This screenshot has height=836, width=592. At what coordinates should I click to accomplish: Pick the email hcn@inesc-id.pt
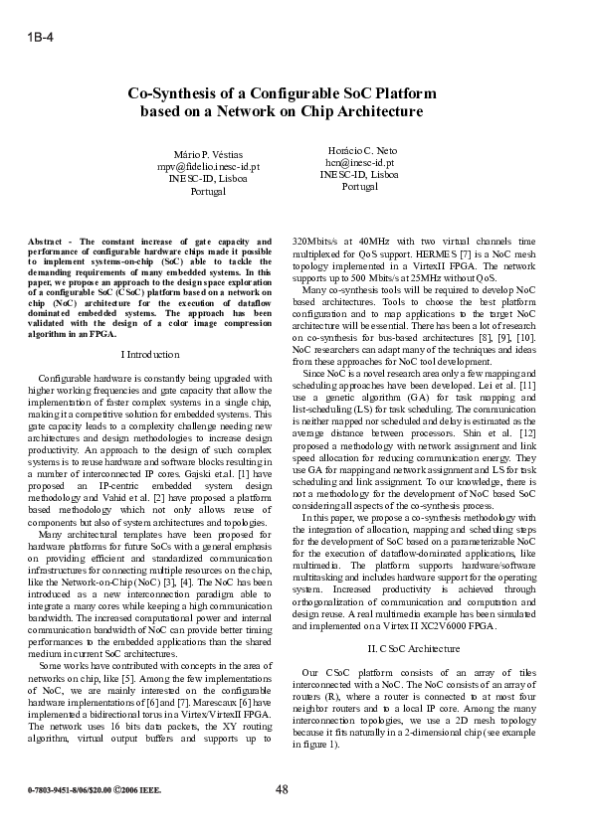tap(359, 161)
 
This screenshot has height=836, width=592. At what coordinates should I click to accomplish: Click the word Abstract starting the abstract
tap(47, 242)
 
